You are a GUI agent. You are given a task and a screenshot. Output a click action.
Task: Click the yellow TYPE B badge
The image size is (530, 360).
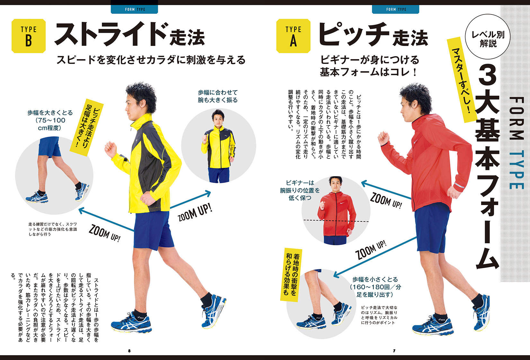point(29,36)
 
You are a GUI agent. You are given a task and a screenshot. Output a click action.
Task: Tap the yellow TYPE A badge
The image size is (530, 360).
point(293,36)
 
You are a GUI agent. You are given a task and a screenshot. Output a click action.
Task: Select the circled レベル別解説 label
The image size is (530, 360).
point(488,36)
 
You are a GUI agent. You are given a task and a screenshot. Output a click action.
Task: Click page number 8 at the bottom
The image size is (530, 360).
point(129,351)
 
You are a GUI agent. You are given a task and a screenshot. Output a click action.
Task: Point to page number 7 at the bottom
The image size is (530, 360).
point(394,351)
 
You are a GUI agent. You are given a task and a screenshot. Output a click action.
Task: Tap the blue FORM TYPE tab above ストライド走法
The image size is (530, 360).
point(134,9)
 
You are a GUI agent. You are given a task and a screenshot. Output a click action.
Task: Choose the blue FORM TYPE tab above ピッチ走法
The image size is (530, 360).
point(396,9)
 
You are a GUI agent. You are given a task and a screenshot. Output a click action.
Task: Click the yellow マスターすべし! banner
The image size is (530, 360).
point(462,80)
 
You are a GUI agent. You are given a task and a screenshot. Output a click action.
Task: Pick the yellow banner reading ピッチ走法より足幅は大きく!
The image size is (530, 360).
point(87,127)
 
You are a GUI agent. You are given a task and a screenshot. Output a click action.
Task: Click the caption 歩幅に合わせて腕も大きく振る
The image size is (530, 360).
point(218,96)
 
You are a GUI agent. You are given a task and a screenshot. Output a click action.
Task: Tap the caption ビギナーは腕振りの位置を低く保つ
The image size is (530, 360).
point(300,190)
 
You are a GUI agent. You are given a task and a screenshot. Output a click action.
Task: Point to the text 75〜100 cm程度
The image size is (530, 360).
point(50,124)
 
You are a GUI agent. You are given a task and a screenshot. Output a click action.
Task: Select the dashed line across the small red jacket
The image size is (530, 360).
point(336,221)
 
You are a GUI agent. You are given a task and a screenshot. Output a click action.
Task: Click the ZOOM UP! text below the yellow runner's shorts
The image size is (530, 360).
point(104,234)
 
